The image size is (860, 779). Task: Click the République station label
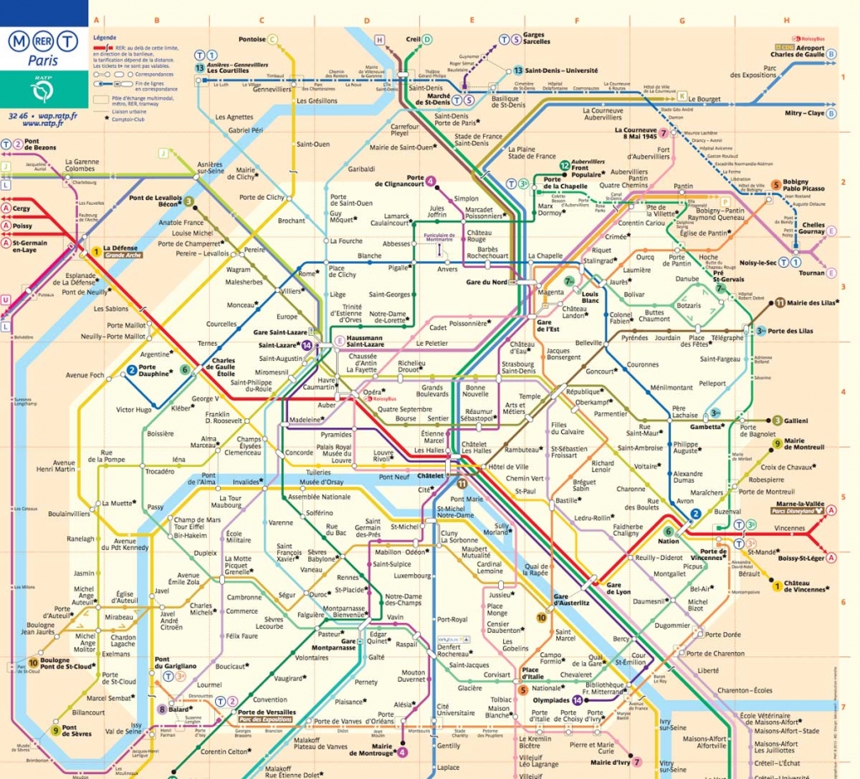point(583,392)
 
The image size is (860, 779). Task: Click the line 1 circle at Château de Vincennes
point(777,585)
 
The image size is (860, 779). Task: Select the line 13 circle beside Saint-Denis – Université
point(518,71)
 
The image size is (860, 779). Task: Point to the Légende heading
point(105,38)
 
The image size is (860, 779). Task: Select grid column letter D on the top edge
point(366,20)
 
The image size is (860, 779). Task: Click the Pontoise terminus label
point(252,39)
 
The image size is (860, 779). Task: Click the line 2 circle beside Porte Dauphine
point(132,370)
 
